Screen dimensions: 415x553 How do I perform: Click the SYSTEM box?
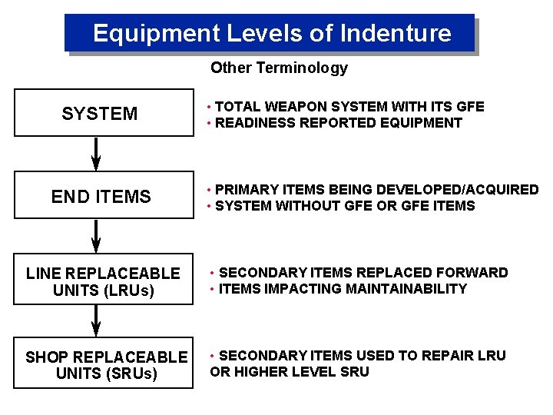click(104, 114)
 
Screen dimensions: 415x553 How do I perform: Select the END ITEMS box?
click(104, 197)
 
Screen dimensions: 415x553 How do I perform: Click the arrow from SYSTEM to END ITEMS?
click(96, 154)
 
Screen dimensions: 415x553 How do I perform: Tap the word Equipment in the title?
click(156, 33)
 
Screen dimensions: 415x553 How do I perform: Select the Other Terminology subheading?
click(279, 68)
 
